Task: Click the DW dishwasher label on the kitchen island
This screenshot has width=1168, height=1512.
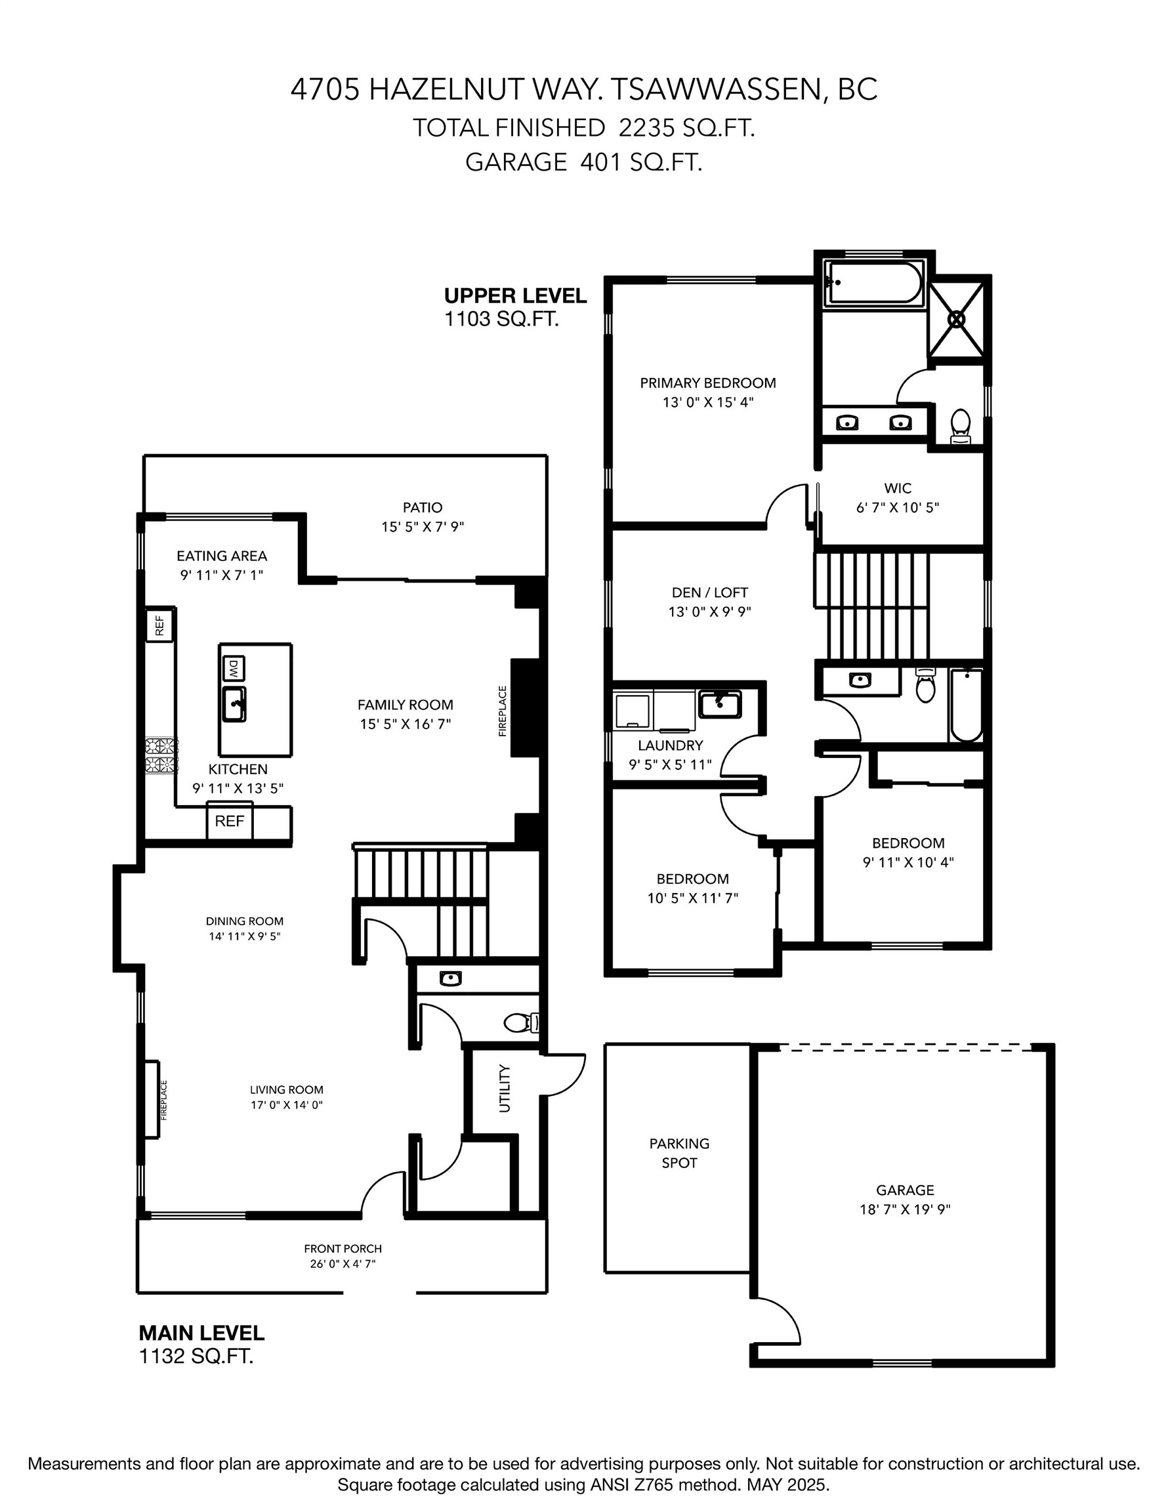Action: [234, 669]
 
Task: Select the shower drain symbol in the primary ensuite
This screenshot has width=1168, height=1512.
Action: [956, 319]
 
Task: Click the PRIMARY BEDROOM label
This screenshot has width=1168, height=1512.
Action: [707, 383]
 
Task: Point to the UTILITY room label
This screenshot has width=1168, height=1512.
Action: [505, 1087]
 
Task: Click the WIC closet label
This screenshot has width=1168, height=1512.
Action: [897, 488]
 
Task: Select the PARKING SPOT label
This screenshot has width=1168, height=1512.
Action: [678, 1152]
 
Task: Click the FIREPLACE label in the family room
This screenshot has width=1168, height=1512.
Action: [503, 711]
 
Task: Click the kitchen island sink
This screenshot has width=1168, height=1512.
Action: [234, 704]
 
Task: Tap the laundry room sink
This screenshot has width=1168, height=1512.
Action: [719, 703]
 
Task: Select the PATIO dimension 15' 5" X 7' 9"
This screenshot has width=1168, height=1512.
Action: [423, 527]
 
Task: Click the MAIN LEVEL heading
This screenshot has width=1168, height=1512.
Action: [201, 1332]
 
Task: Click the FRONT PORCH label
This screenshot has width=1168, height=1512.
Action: [343, 1248]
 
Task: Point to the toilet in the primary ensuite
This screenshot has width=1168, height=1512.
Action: [959, 425]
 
